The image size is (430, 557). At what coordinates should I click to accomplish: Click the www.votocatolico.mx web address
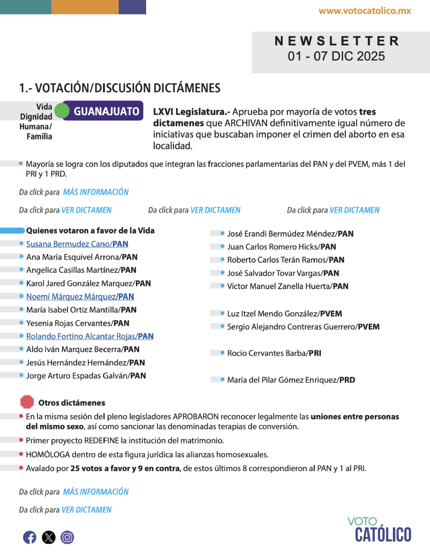(365, 11)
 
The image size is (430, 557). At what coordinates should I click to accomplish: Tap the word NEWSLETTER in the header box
(337, 41)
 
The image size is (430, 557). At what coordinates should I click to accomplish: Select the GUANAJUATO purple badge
(106, 111)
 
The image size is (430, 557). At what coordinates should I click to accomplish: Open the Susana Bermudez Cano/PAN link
(77, 244)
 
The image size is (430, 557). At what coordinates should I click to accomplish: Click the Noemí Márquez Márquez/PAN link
(80, 297)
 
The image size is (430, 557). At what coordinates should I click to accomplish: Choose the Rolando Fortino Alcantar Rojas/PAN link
(90, 336)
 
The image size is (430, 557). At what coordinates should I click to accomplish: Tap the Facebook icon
(30, 537)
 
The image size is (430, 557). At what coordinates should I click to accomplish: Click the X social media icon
(49, 537)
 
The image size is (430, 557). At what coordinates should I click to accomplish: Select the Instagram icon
(67, 537)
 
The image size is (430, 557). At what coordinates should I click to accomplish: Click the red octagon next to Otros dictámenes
(27, 402)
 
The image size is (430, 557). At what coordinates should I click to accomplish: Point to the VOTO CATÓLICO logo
(380, 529)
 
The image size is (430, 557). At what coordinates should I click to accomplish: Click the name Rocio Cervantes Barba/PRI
(274, 353)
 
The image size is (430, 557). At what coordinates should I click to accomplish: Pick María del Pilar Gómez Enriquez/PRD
(291, 380)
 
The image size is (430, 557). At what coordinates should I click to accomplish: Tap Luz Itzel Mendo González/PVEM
(284, 314)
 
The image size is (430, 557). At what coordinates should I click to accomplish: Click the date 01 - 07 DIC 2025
(336, 56)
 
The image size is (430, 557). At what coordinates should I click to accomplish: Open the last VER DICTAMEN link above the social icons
(87, 510)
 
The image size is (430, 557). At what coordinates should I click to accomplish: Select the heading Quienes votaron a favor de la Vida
(91, 230)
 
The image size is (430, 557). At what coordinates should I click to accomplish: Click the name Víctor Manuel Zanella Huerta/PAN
(288, 286)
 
